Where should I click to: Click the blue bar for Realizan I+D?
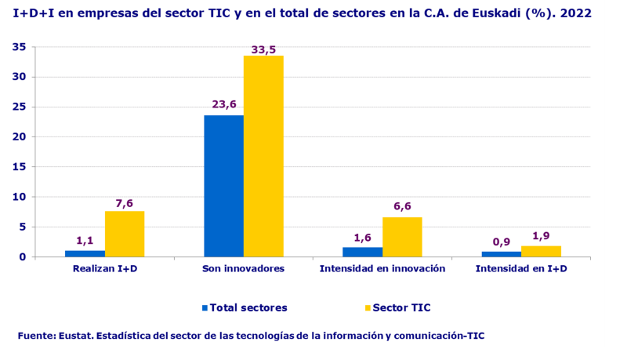coord(85,253)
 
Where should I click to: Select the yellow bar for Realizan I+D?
coord(125,234)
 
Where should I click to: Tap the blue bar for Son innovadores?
coord(223,186)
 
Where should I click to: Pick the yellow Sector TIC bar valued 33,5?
coord(263,156)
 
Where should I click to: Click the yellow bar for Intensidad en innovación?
coord(402,237)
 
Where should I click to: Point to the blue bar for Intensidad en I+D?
coord(501,254)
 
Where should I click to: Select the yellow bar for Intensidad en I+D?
coord(541,251)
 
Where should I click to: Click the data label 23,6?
coord(223,104)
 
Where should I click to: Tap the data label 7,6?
coord(125,203)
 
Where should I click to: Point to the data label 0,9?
coord(501,242)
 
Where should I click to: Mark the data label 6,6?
coord(402,206)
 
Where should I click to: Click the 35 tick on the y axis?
coord(20,47)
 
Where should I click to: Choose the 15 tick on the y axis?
coord(20,167)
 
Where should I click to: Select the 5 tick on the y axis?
coord(24,227)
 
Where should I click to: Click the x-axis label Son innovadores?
coord(243,269)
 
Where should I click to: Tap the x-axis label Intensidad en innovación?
coord(382,269)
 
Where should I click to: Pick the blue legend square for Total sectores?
coord(205,307)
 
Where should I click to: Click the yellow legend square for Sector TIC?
coord(367,307)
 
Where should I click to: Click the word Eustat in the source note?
coord(74,336)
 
